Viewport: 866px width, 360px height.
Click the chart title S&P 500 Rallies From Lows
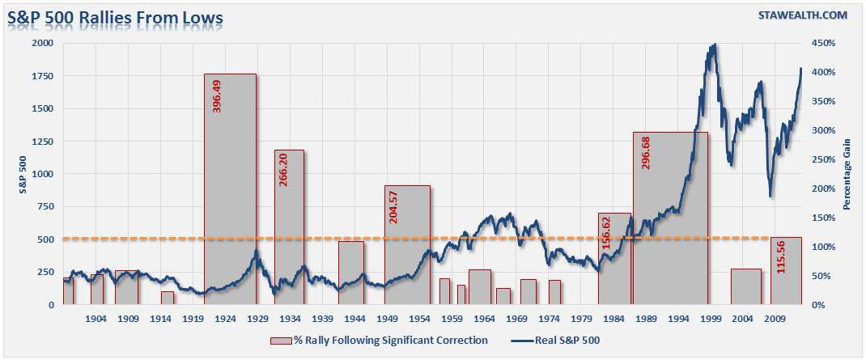[115, 16]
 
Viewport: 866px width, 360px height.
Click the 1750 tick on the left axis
[42, 76]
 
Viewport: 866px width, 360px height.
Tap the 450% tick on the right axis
[825, 43]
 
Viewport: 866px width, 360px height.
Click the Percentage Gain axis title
[847, 173]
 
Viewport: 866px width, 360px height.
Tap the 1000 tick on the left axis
[42, 174]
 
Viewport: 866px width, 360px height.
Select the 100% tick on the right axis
[825, 247]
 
